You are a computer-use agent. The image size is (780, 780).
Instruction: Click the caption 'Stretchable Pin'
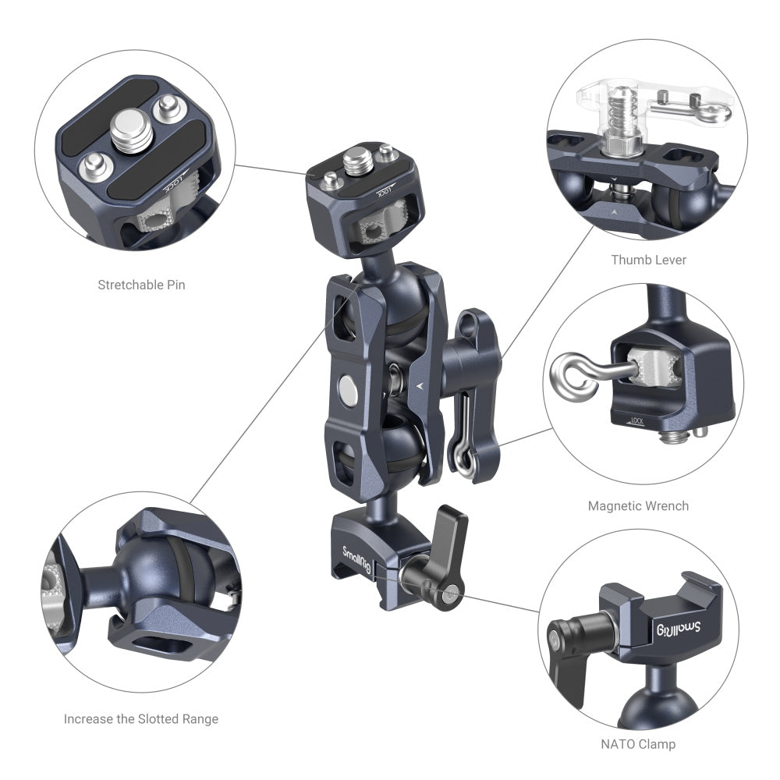(x=141, y=285)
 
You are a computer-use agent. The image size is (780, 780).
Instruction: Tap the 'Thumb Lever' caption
(x=648, y=260)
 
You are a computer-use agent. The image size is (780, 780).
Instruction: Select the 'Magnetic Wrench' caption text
(x=638, y=506)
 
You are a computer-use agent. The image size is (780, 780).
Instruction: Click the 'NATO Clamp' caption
(x=638, y=744)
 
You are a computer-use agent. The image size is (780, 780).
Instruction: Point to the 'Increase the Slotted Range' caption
(x=141, y=719)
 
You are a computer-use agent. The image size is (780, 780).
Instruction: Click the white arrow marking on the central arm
(x=422, y=385)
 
